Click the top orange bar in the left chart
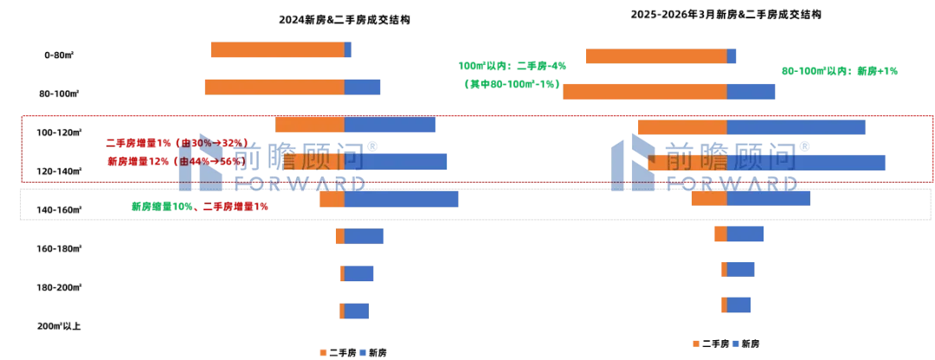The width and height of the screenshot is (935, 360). coord(276,51)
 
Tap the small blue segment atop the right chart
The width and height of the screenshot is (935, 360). coord(733,57)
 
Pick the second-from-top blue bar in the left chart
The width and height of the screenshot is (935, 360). coord(363,87)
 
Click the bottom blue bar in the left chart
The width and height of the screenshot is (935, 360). coord(358,312)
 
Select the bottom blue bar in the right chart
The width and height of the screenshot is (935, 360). coord(740,305)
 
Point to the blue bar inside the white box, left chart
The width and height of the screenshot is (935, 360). coord(402,199)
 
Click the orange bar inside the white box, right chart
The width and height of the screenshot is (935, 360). coord(709,198)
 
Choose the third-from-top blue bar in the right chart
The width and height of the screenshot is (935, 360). coord(796,127)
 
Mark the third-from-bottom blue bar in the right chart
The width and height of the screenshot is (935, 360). coord(747,233)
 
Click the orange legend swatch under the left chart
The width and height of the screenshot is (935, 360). coord(323,352)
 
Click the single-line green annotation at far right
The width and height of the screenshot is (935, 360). coord(840,70)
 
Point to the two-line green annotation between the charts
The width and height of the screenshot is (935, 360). coord(512,74)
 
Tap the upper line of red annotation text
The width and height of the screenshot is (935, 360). coord(177,142)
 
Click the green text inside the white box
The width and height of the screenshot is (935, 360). coord(200,207)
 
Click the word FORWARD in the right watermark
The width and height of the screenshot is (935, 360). coord(732,183)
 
